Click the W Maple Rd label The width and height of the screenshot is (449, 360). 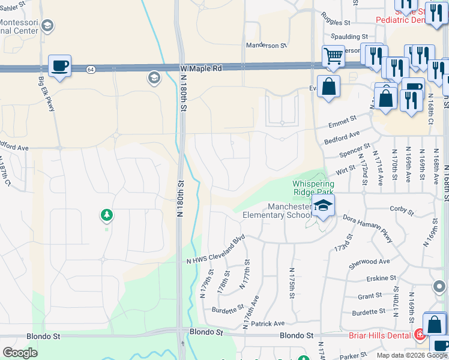pyautogui.click(x=201, y=69)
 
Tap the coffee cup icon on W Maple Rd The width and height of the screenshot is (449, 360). pyautogui.click(x=59, y=65)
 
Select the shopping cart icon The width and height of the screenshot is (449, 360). pyautogui.click(x=333, y=56)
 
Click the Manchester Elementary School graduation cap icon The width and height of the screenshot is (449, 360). pyautogui.click(x=323, y=205)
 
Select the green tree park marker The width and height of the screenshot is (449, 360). pyautogui.click(x=107, y=214)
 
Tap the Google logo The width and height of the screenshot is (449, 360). pyautogui.click(x=20, y=353)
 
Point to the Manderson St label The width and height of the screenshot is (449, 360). pyautogui.click(x=267, y=46)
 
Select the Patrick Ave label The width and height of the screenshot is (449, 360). pyautogui.click(x=268, y=323)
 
